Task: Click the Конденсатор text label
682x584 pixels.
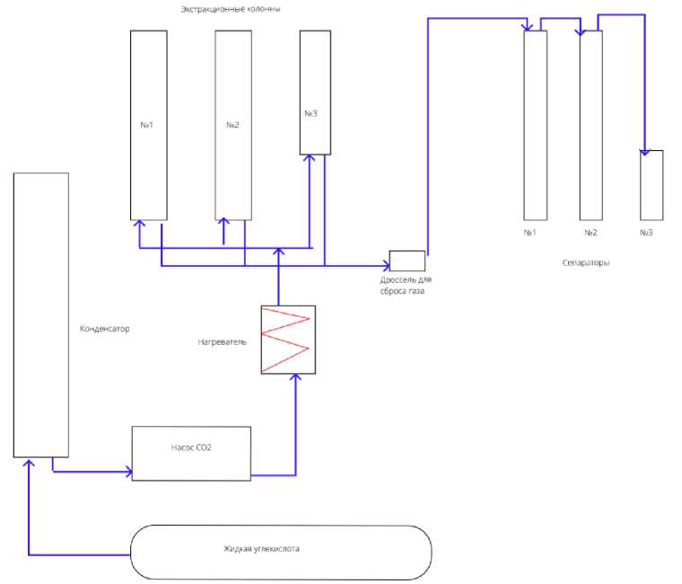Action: pyautogui.click(x=105, y=329)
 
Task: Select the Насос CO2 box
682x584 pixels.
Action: pyautogui.click(x=191, y=454)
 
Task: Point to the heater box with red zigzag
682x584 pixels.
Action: pyautogui.click(x=286, y=340)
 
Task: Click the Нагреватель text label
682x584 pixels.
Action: pyautogui.click(x=222, y=341)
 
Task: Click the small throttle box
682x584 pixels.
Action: pyautogui.click(x=407, y=261)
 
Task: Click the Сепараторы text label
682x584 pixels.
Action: pyautogui.click(x=586, y=263)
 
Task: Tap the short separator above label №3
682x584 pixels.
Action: pyautogui.click(x=651, y=184)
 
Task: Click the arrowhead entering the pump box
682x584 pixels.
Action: pyautogui.click(x=127, y=470)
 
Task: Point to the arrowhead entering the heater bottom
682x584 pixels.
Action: pyautogui.click(x=296, y=379)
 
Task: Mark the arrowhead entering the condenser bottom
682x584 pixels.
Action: pyautogui.click(x=30, y=462)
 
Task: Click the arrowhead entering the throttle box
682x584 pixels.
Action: pyautogui.click(x=384, y=265)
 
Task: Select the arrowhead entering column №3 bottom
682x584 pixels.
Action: pyautogui.click(x=310, y=160)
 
